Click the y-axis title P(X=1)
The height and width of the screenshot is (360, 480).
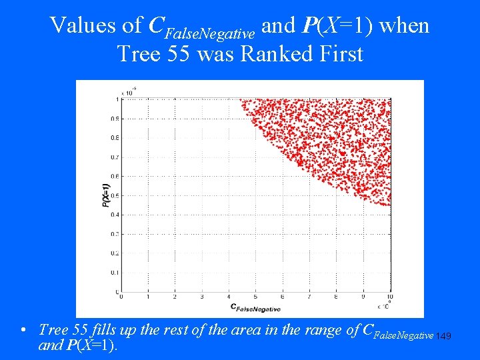coord(106,195)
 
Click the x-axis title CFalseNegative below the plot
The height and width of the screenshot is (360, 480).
coord(255,307)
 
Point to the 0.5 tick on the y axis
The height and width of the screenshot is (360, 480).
coord(115,196)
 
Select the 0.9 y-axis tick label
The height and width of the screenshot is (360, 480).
coord(115,119)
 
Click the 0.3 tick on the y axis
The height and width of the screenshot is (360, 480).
coord(115,235)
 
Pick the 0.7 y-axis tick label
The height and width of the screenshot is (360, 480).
coord(115,157)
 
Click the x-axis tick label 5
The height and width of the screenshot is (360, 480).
coord(255,297)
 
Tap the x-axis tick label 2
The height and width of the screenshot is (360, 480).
coord(174,297)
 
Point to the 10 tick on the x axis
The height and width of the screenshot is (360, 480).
coord(389,297)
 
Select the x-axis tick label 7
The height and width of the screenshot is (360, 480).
coord(309,297)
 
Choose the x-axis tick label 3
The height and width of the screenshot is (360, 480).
coord(201,297)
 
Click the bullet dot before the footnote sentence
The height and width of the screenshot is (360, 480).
coord(23,331)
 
